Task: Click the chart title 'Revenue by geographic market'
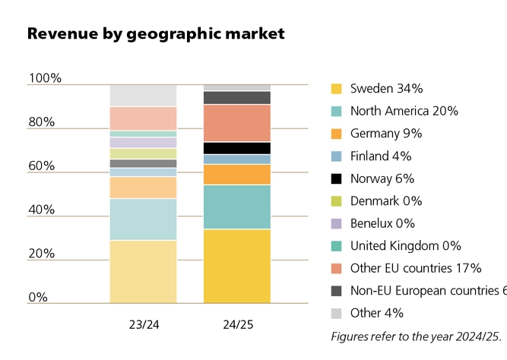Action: click(156, 33)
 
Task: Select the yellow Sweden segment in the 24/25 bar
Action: click(237, 266)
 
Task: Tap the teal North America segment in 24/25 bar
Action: click(237, 207)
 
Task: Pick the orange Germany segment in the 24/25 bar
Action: click(237, 175)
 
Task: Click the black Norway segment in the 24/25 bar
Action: click(237, 148)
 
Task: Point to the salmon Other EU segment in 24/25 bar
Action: click(237, 123)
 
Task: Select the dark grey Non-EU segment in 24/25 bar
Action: click(237, 97)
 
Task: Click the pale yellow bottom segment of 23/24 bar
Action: click(143, 271)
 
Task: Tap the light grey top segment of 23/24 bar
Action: click(143, 96)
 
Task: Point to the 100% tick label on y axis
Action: click(45, 78)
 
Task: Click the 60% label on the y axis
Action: click(42, 166)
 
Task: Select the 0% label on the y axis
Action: click(38, 297)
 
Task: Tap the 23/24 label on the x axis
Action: click(143, 324)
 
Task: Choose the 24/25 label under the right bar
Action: click(237, 324)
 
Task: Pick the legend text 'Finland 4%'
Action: click(381, 156)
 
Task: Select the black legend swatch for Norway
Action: click(336, 178)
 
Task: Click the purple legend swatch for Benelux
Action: click(336, 223)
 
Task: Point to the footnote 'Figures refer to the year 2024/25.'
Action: click(417, 335)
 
